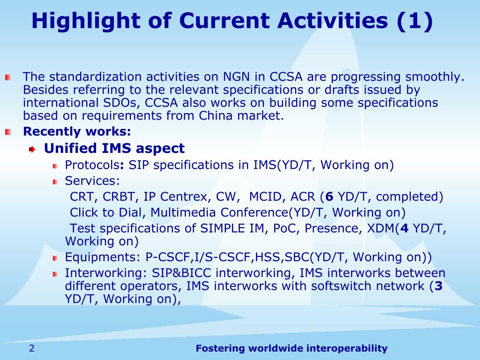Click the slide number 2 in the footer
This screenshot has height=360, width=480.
pos(32,348)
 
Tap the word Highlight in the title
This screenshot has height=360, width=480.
pos(86,21)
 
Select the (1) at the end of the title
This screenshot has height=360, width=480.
pos(415,21)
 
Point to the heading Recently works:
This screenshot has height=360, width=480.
pos(77,131)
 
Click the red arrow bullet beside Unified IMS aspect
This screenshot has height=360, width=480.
pos(32,150)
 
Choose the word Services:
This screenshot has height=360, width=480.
pos(92,180)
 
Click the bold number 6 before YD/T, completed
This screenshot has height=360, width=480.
pos(329,196)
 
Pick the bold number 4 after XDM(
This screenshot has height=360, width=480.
pos(404,228)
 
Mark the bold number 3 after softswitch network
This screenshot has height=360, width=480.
pos(438,286)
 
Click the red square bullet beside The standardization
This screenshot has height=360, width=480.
pos(8,77)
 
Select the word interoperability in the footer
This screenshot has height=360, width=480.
pos(347,348)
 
